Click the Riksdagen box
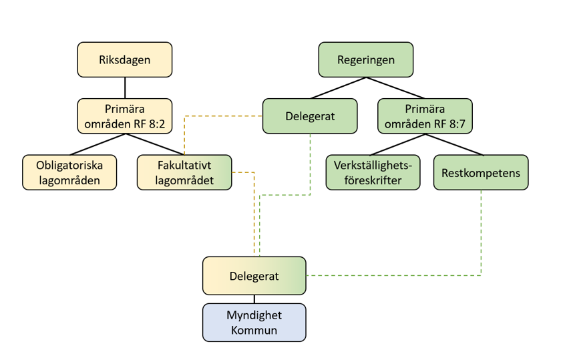125,59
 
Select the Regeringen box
366,59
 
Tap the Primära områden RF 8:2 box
125,116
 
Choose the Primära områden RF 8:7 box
425,116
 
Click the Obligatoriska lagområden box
69,172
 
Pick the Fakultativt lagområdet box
184,172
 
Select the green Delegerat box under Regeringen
310,116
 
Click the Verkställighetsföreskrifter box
373,172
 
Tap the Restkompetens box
481,172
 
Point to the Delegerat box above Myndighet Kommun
254,276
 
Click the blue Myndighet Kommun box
254,323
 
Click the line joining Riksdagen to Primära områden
125,87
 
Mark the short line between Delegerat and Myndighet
254,299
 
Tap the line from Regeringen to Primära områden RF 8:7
395,87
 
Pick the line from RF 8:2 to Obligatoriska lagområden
98,144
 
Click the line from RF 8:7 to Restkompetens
454,144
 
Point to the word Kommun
254,330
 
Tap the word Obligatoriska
69,166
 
